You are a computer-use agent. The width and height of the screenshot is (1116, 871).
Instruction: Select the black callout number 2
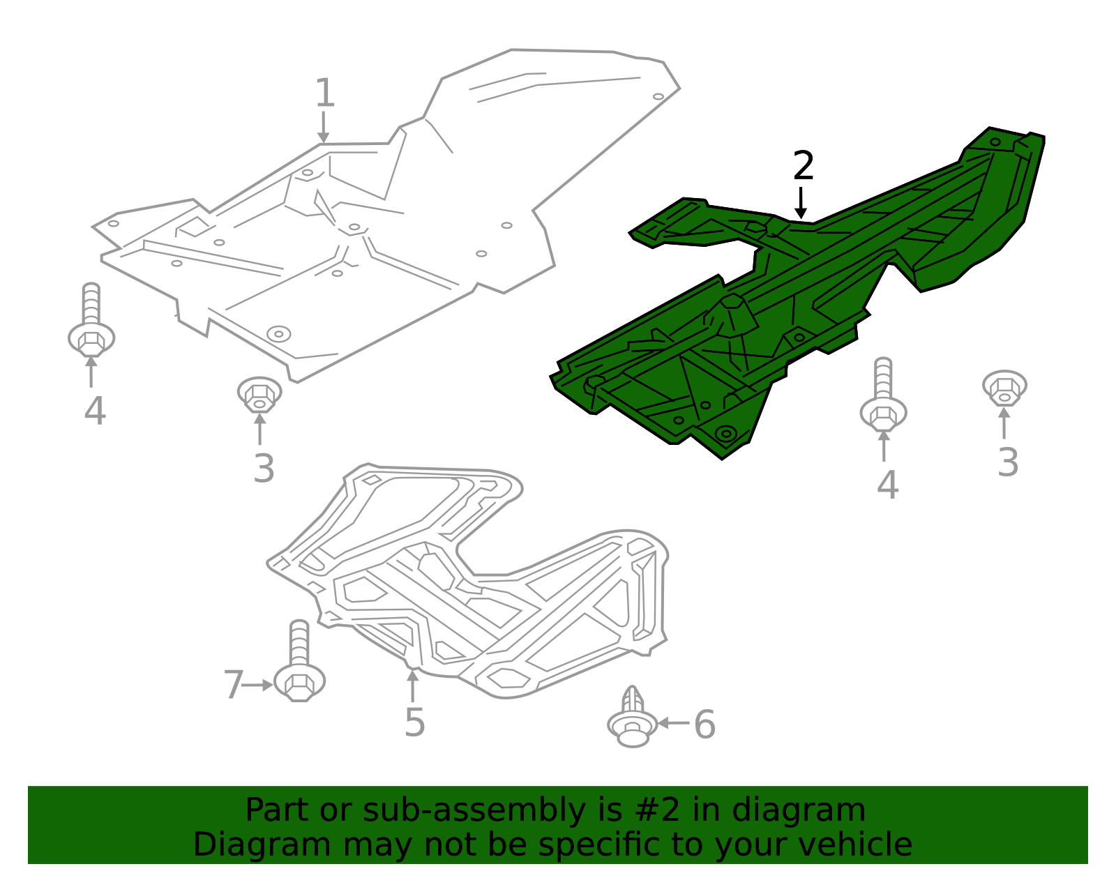click(x=804, y=166)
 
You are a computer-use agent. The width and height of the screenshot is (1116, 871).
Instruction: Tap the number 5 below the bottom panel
click(x=414, y=722)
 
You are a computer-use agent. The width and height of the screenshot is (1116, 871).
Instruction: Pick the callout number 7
click(x=234, y=685)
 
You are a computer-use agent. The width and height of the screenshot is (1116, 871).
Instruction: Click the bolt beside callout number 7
click(x=299, y=662)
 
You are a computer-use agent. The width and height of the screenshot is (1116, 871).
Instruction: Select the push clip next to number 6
click(x=632, y=718)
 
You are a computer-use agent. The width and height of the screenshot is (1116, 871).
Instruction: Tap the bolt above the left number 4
click(x=91, y=321)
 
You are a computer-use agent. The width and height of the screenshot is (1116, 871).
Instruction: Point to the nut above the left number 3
click(x=259, y=395)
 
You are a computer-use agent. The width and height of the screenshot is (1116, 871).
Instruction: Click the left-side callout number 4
click(x=95, y=411)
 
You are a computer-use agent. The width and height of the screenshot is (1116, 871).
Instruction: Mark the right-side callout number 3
click(x=1008, y=462)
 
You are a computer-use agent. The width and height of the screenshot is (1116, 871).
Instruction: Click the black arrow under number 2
click(x=801, y=202)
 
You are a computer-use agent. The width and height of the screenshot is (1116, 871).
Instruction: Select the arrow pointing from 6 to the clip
click(x=673, y=722)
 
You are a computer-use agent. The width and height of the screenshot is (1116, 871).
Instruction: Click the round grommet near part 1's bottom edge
click(x=278, y=333)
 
